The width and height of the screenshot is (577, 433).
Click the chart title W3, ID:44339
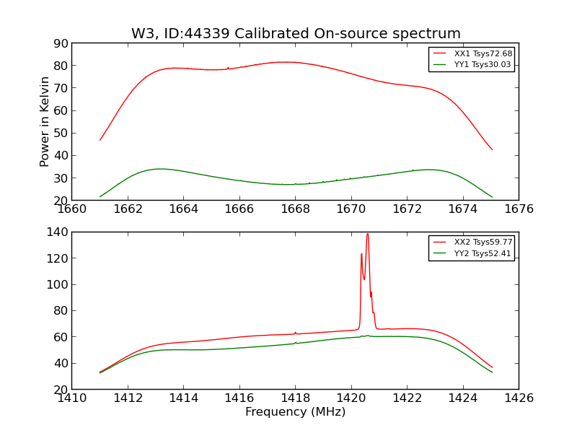(x=296, y=34)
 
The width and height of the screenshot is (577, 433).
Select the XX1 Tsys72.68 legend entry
(x=483, y=53)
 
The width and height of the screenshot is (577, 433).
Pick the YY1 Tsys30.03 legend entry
(x=483, y=64)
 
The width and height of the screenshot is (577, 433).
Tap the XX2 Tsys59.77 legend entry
(x=483, y=242)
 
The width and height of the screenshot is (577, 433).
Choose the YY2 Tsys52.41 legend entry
(x=483, y=253)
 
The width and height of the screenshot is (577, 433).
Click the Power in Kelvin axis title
(x=45, y=121)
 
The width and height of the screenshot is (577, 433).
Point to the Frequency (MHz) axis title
(x=295, y=412)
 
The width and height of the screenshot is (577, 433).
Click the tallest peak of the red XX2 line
(x=367, y=234)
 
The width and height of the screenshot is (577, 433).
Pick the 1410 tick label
(x=72, y=398)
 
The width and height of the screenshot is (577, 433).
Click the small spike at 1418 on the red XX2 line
(x=295, y=333)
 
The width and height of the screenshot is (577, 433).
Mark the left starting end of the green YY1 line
(x=100, y=196)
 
